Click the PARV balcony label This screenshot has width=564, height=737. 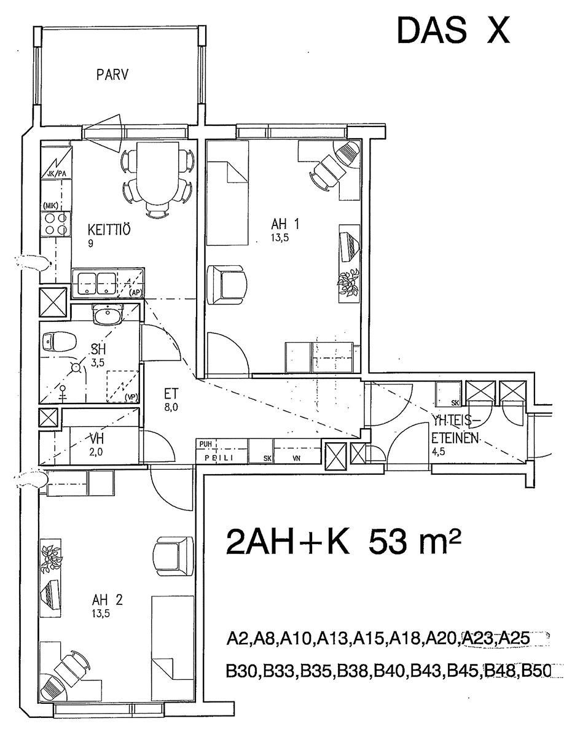tap(112, 74)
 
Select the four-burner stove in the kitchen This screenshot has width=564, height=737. tap(56, 224)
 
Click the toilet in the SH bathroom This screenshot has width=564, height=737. tap(60, 342)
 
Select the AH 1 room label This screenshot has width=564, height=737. tap(285, 224)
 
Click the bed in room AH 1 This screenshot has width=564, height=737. tap(227, 193)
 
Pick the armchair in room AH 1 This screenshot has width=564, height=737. tap(227, 285)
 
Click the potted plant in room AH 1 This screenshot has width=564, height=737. tap(349, 283)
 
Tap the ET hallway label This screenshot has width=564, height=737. tap(171, 393)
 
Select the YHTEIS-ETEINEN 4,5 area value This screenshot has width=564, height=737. tap(439, 451)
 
